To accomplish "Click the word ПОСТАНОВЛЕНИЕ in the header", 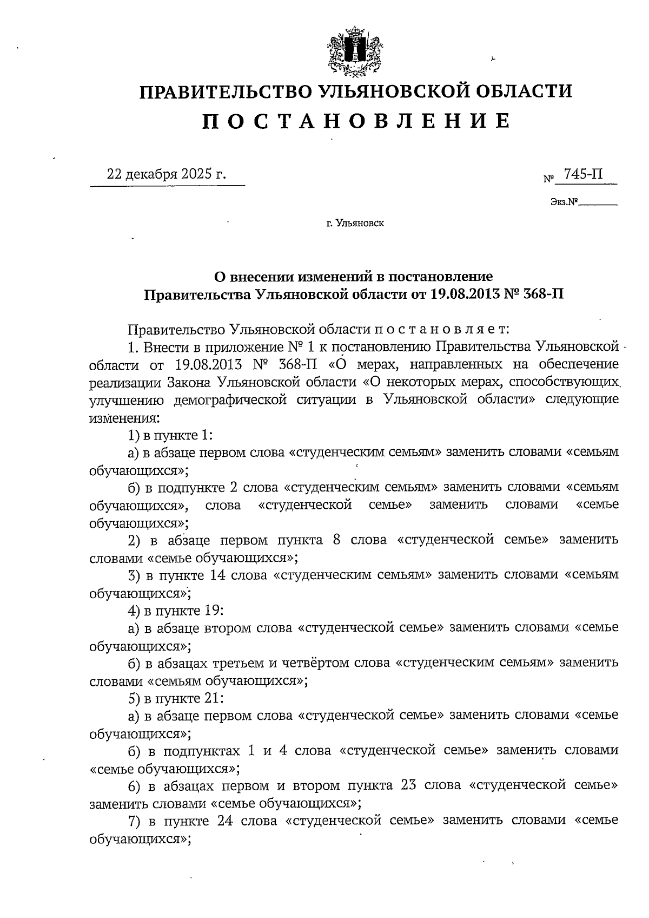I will click(x=356, y=121).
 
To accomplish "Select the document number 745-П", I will click(x=582, y=174).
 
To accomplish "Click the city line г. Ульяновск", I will click(x=355, y=222).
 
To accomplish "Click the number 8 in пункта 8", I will click(x=336, y=540).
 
